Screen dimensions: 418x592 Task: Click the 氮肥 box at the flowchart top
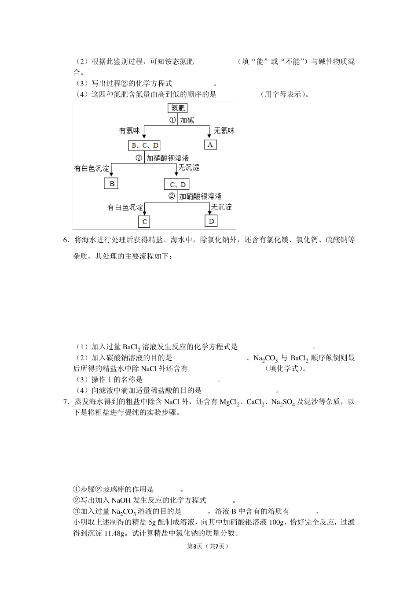[x=178, y=108]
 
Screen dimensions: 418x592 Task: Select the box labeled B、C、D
[x=144, y=145]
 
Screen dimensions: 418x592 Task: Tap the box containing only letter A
[x=210, y=144]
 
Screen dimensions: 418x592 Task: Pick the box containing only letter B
[x=111, y=183]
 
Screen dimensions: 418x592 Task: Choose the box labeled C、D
[x=177, y=184]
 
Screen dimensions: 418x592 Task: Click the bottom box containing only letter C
[x=144, y=222]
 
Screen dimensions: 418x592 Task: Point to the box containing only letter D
[x=211, y=221]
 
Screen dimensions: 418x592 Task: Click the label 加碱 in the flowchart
[x=187, y=120]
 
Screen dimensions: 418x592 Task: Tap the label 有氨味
[x=129, y=131]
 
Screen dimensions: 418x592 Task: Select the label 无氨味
[x=224, y=131]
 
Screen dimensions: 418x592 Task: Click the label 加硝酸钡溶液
[x=167, y=158]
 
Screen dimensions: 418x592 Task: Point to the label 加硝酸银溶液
[x=200, y=196]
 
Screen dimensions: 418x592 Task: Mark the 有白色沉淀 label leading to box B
[x=92, y=169]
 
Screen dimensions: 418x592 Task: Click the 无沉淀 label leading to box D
[x=221, y=207]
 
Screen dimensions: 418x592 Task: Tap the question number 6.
[x=66, y=240]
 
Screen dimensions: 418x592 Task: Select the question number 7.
[x=66, y=402]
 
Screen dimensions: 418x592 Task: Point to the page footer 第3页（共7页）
[x=208, y=546]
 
